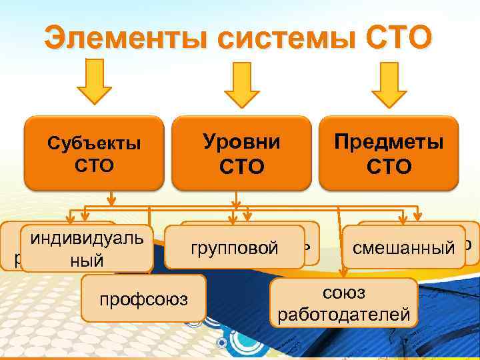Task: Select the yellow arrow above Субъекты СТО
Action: (x=93, y=87)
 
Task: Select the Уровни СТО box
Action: (x=241, y=153)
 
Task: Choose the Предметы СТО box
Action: (x=389, y=153)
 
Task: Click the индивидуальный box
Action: (x=85, y=249)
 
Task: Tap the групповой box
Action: (x=235, y=249)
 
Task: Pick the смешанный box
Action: (x=403, y=248)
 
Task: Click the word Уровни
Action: (x=241, y=142)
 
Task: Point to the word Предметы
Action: (x=389, y=142)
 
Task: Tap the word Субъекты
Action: (x=94, y=143)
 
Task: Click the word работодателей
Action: (x=344, y=314)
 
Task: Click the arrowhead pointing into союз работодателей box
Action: (x=344, y=273)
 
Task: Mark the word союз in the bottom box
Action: (x=343, y=293)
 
